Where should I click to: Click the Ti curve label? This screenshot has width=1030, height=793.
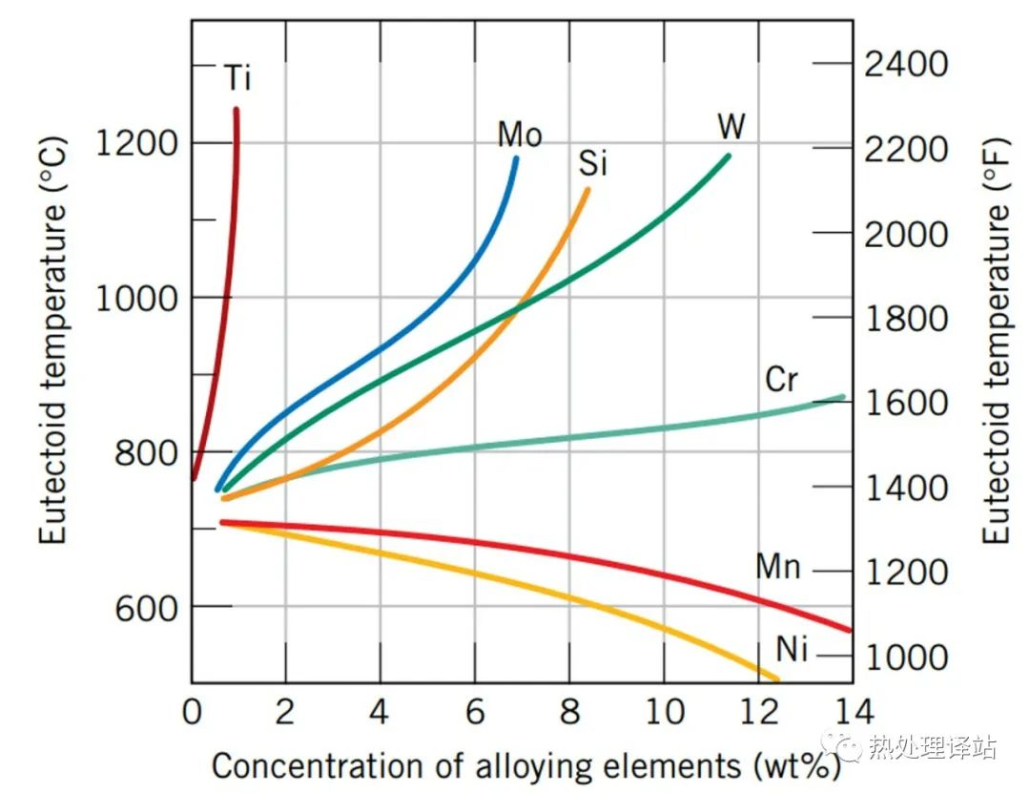point(237,78)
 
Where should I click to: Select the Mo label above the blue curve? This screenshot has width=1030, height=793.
point(520,135)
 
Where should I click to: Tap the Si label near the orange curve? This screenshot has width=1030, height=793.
point(592,164)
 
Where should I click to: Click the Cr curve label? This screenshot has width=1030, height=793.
point(781,380)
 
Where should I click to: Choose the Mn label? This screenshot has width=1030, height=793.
point(778,567)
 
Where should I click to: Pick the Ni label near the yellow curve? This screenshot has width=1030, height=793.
point(792,651)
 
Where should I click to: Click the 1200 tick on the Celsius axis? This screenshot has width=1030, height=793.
point(137,143)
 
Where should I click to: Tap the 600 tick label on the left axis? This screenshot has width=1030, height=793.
point(147,607)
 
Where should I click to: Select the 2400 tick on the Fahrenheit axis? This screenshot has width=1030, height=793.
point(906,64)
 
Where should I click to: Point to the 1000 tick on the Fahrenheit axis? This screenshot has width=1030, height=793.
point(906,657)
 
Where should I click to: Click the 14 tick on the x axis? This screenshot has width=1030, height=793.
point(851,712)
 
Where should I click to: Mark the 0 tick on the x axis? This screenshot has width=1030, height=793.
point(192,712)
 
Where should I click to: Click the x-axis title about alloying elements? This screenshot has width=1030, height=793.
point(525,765)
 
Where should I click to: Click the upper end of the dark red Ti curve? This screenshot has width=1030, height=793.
point(236,110)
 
